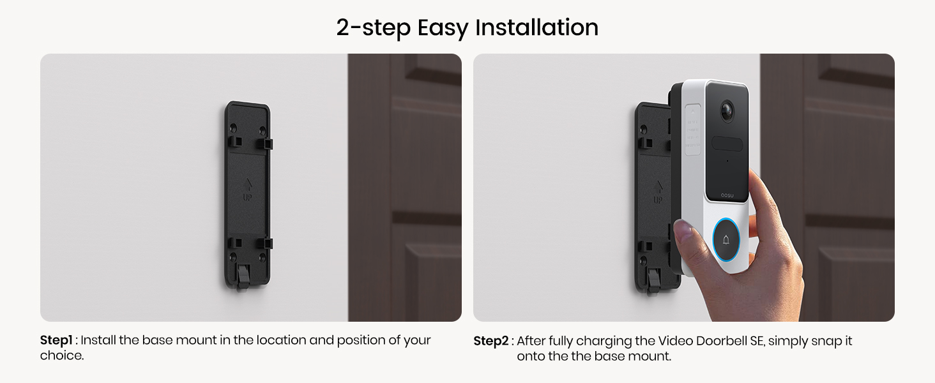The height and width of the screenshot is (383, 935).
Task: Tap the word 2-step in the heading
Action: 373,28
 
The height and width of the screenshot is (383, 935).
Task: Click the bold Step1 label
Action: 56,340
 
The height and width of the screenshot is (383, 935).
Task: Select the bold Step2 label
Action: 490,341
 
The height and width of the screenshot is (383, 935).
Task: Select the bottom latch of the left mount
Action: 243,277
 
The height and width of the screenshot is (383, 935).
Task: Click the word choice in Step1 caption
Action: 62,356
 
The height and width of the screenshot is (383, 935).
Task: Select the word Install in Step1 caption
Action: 98,340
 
